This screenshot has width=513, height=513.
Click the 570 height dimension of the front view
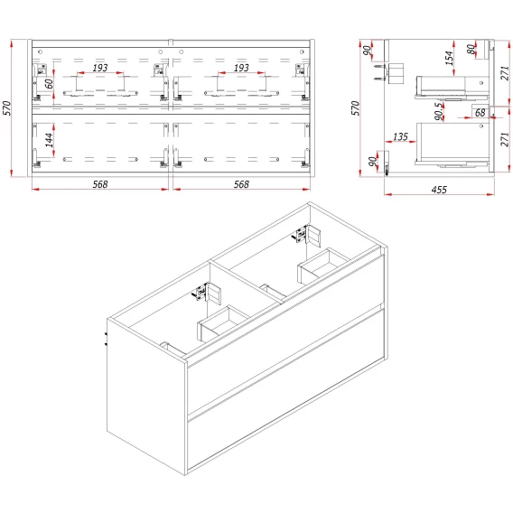(x=7, y=107)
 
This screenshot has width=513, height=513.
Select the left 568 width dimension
(x=100, y=184)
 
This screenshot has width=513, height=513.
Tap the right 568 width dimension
(x=241, y=184)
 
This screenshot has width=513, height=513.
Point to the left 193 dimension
(x=100, y=68)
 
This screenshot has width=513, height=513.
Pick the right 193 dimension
(x=241, y=68)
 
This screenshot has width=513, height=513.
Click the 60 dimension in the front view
(x=49, y=84)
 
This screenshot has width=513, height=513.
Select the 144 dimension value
(x=49, y=140)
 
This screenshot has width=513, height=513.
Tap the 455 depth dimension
(x=439, y=190)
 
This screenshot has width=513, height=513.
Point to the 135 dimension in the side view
(x=400, y=136)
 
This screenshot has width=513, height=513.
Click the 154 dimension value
(x=450, y=58)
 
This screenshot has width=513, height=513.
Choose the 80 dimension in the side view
(x=471, y=49)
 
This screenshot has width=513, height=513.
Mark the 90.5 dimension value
(x=439, y=111)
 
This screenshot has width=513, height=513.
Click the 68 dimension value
(x=480, y=113)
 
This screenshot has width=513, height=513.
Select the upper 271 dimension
(x=505, y=73)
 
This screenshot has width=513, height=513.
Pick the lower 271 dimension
(x=505, y=139)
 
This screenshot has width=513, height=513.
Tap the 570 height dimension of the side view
(x=356, y=107)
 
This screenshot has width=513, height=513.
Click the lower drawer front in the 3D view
(x=285, y=389)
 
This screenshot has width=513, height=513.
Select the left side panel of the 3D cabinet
(x=146, y=396)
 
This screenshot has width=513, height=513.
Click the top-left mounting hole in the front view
(x=41, y=51)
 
